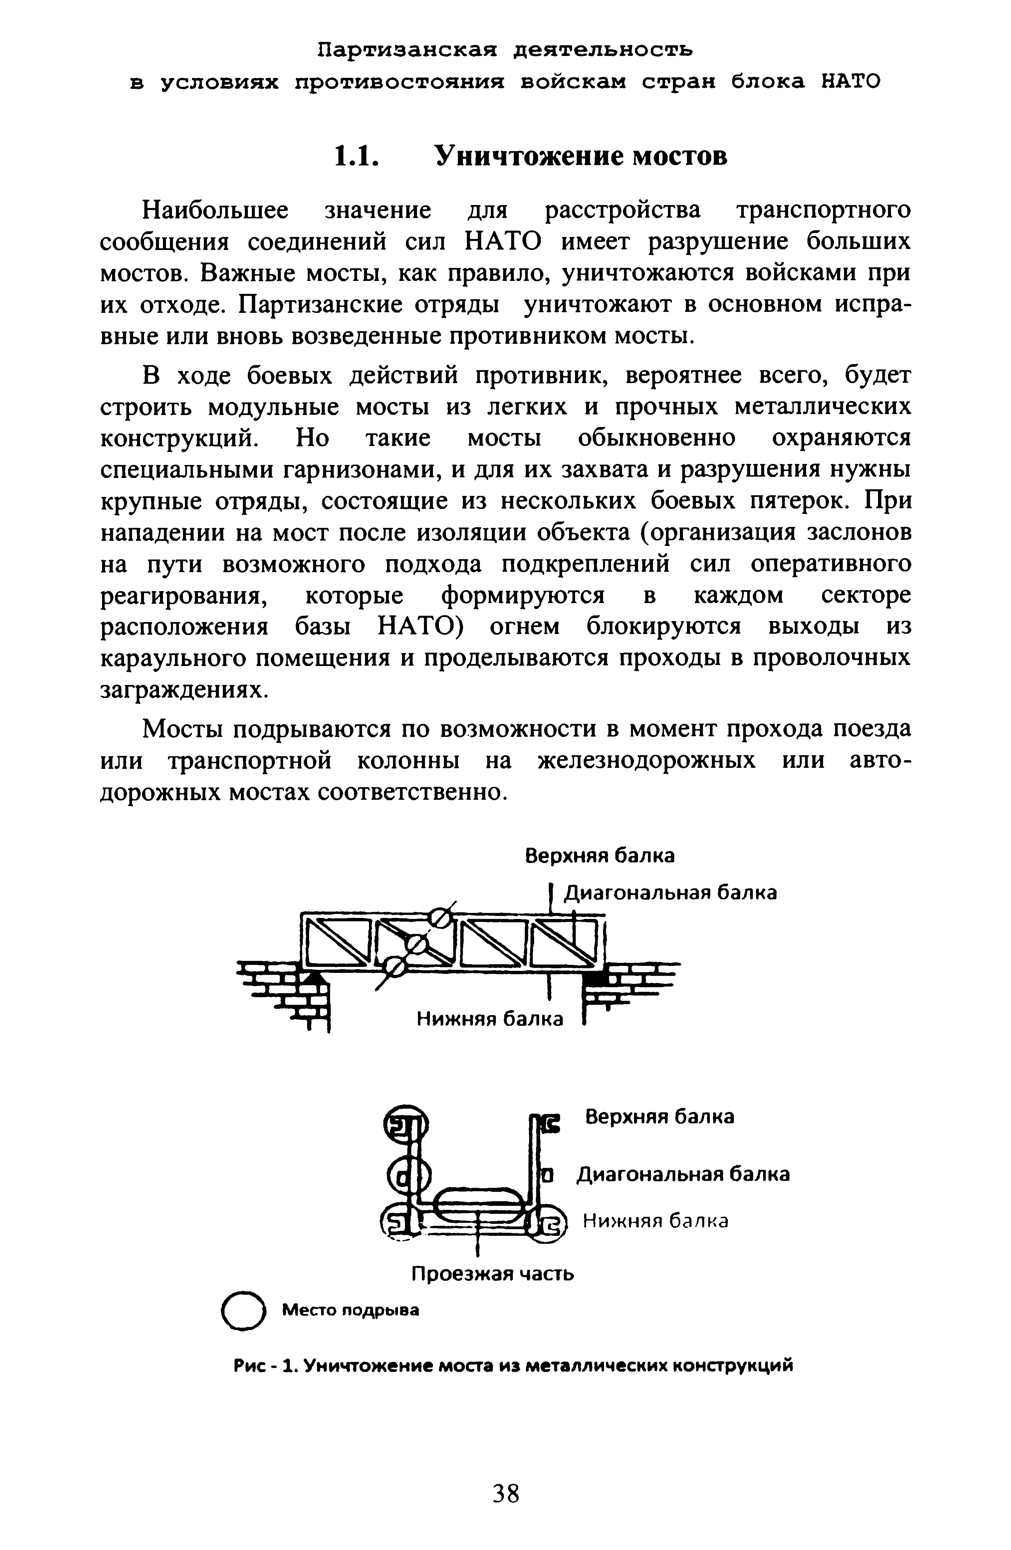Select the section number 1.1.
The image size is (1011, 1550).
(x=355, y=156)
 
